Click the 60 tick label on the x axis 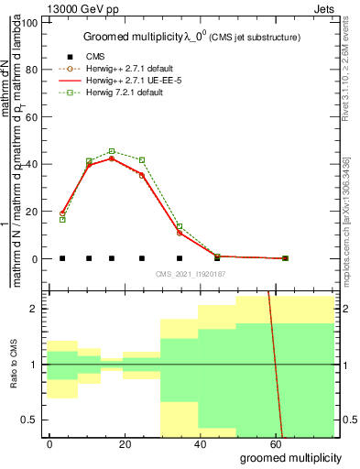[x=275, y=443]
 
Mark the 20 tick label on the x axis [x=125, y=443]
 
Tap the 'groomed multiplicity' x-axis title [x=290, y=457]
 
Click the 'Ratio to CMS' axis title [x=14, y=365]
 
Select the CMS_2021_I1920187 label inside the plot [x=191, y=273]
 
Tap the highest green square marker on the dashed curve [x=112, y=151]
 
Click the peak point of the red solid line [x=112, y=158]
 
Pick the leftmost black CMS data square [x=62, y=258]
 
